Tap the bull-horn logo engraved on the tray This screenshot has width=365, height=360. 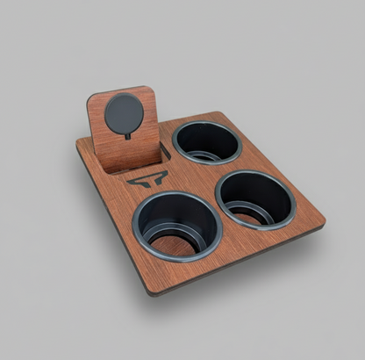pos(147,181)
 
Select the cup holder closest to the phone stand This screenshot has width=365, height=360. pos(206,140)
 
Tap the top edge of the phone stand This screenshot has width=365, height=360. pos(123,90)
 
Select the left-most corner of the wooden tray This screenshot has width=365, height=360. pos(77,147)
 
